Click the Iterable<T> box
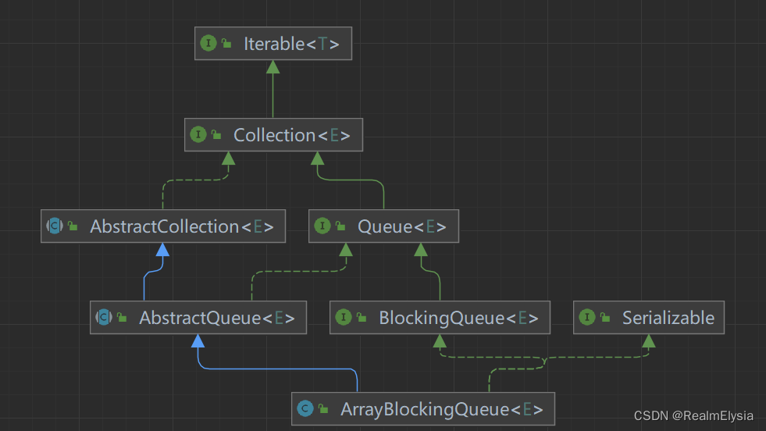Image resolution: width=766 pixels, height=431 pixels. [x=273, y=44]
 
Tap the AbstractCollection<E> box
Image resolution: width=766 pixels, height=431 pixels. [x=162, y=226]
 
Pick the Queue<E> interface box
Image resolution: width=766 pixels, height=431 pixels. [x=383, y=226]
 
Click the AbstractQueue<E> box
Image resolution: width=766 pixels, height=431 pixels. [x=198, y=318]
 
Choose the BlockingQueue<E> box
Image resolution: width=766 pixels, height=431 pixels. [x=440, y=318]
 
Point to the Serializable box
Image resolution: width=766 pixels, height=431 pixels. [x=648, y=318]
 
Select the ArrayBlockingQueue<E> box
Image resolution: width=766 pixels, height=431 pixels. [x=422, y=408]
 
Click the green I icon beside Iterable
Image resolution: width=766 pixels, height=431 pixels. [x=208, y=44]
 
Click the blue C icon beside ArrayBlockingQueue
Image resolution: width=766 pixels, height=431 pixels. [x=305, y=408]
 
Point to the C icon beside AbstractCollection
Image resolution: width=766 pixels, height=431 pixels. [x=55, y=226]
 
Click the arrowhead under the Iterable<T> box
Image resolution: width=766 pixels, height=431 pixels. [x=273, y=66]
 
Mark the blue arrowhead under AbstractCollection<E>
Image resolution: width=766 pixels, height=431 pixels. [x=162, y=249]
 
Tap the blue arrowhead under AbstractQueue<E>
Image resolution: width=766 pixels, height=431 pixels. [x=198, y=340]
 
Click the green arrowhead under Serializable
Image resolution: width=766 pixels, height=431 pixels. [x=648, y=340]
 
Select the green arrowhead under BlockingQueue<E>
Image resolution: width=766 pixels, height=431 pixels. [x=440, y=340]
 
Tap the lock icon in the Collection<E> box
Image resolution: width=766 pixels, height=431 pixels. [x=216, y=136]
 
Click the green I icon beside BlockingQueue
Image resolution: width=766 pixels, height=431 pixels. [x=344, y=318]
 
